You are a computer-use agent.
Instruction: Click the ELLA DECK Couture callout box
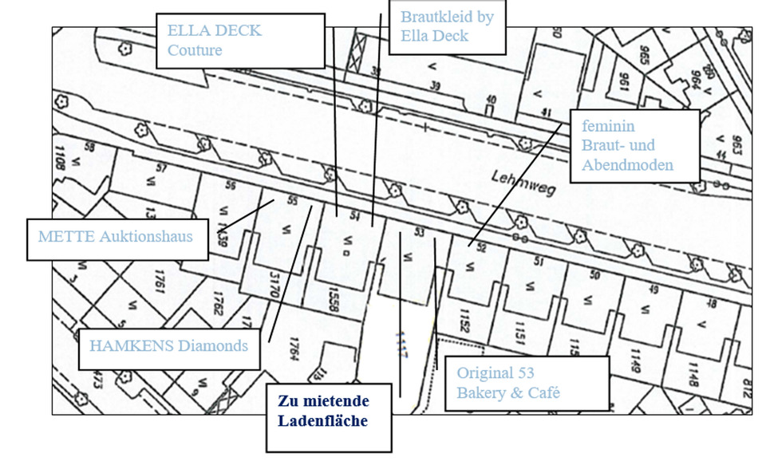point(239,40)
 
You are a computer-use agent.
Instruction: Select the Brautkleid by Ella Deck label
point(447,26)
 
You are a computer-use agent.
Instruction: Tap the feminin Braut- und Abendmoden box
point(635,146)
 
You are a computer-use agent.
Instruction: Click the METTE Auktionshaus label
point(116,237)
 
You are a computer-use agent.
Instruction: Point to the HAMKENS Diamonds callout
point(169,346)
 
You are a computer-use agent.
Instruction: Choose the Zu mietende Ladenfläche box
point(329,410)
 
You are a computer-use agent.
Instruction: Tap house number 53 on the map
point(419,232)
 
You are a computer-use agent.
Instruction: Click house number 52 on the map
point(480,247)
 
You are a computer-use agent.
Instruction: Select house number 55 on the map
point(292,201)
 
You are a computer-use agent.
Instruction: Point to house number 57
point(161,167)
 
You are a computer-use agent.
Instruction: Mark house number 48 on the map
point(712,304)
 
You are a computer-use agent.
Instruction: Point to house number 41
point(547,112)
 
